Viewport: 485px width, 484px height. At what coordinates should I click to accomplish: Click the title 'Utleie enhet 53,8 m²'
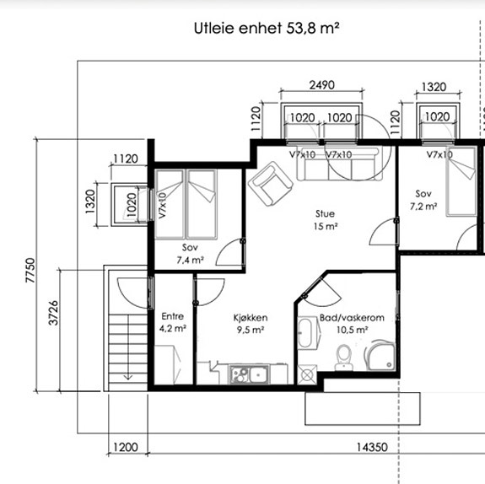tap(267, 28)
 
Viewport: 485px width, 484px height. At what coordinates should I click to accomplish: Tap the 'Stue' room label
tap(325, 213)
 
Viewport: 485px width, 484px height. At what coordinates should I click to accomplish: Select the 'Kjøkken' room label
tap(251, 318)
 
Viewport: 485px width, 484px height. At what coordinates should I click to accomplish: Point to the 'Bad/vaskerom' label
tap(352, 318)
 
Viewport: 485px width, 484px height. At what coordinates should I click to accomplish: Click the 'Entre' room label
tap(173, 316)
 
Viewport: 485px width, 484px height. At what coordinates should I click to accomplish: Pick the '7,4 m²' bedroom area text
tap(190, 260)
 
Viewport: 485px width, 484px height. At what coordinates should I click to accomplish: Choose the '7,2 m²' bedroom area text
tap(423, 207)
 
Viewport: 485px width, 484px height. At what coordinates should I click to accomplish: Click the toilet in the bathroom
tap(343, 358)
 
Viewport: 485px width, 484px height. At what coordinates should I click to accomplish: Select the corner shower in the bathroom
tap(380, 355)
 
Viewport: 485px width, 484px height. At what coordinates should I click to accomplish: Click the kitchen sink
tap(250, 374)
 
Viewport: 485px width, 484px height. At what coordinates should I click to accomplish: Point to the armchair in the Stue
tap(271, 184)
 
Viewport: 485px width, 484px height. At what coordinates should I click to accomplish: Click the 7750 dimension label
tap(30, 270)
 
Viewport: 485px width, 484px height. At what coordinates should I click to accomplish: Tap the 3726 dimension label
tap(53, 313)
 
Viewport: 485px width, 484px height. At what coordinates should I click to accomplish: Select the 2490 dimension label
tap(322, 84)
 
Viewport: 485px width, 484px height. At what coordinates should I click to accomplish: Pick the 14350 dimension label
tap(372, 447)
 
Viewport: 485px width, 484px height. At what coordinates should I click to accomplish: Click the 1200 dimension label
tap(126, 447)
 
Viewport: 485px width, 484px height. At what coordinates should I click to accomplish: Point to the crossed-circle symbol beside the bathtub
tap(307, 375)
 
